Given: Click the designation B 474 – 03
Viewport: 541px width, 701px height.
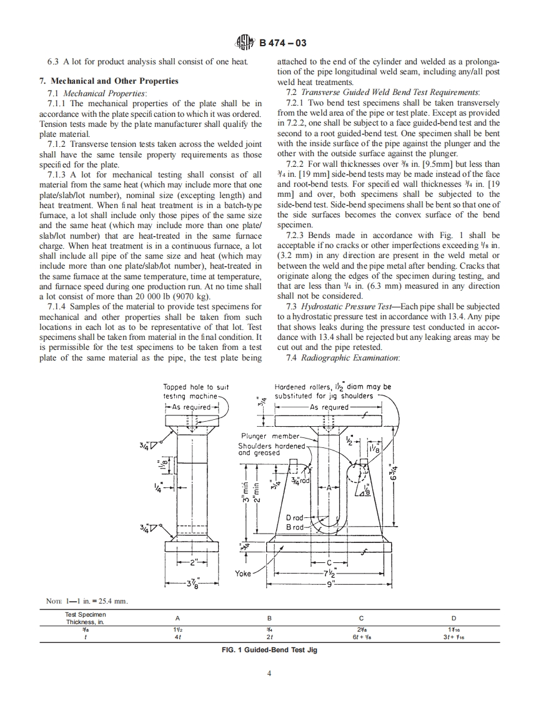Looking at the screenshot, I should (279, 43).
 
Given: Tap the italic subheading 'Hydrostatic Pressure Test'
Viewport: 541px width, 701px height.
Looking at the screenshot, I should (342, 306).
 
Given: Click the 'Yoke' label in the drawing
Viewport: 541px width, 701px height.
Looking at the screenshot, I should (242, 573).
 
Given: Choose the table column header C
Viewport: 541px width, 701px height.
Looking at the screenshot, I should (361, 618).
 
